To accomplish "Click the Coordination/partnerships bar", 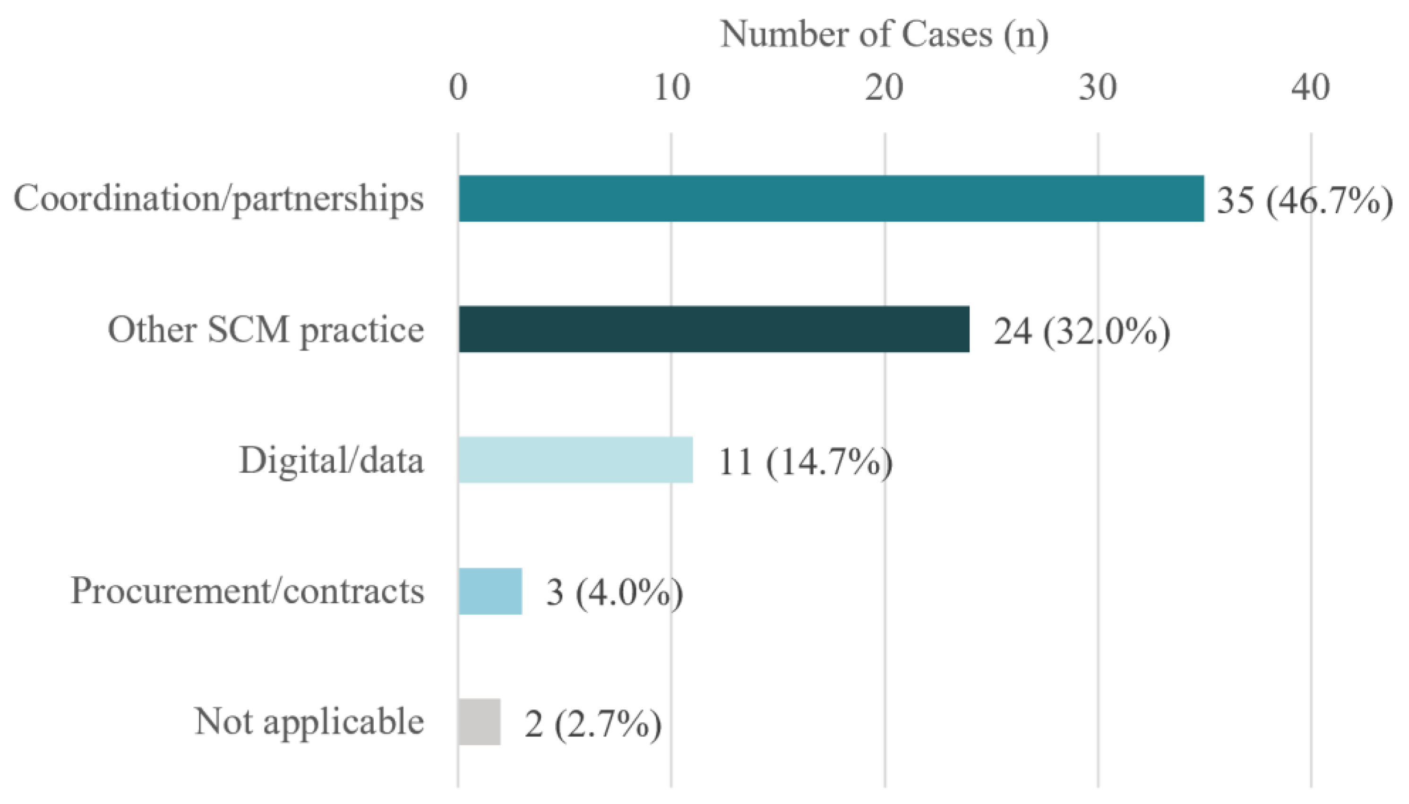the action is click(831, 198).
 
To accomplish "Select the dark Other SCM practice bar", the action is click(713, 329).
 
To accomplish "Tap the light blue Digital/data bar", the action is click(576, 460).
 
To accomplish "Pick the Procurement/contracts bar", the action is click(490, 591).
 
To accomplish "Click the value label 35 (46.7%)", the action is click(1305, 200).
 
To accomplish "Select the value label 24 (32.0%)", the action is click(1082, 331).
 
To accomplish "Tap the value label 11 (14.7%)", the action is click(805, 462).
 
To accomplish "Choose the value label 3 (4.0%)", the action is click(614, 592).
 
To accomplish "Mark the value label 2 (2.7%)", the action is click(593, 723).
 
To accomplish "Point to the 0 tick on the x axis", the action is click(458, 87).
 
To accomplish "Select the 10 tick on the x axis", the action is click(671, 87).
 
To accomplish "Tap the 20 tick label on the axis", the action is click(884, 87).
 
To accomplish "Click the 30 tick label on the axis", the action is click(1098, 87).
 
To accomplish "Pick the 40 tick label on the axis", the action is click(1311, 87).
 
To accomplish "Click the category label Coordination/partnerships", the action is click(219, 199).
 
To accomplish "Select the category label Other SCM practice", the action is click(266, 330).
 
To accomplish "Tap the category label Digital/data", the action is click(331, 460).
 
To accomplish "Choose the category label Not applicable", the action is click(309, 722).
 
